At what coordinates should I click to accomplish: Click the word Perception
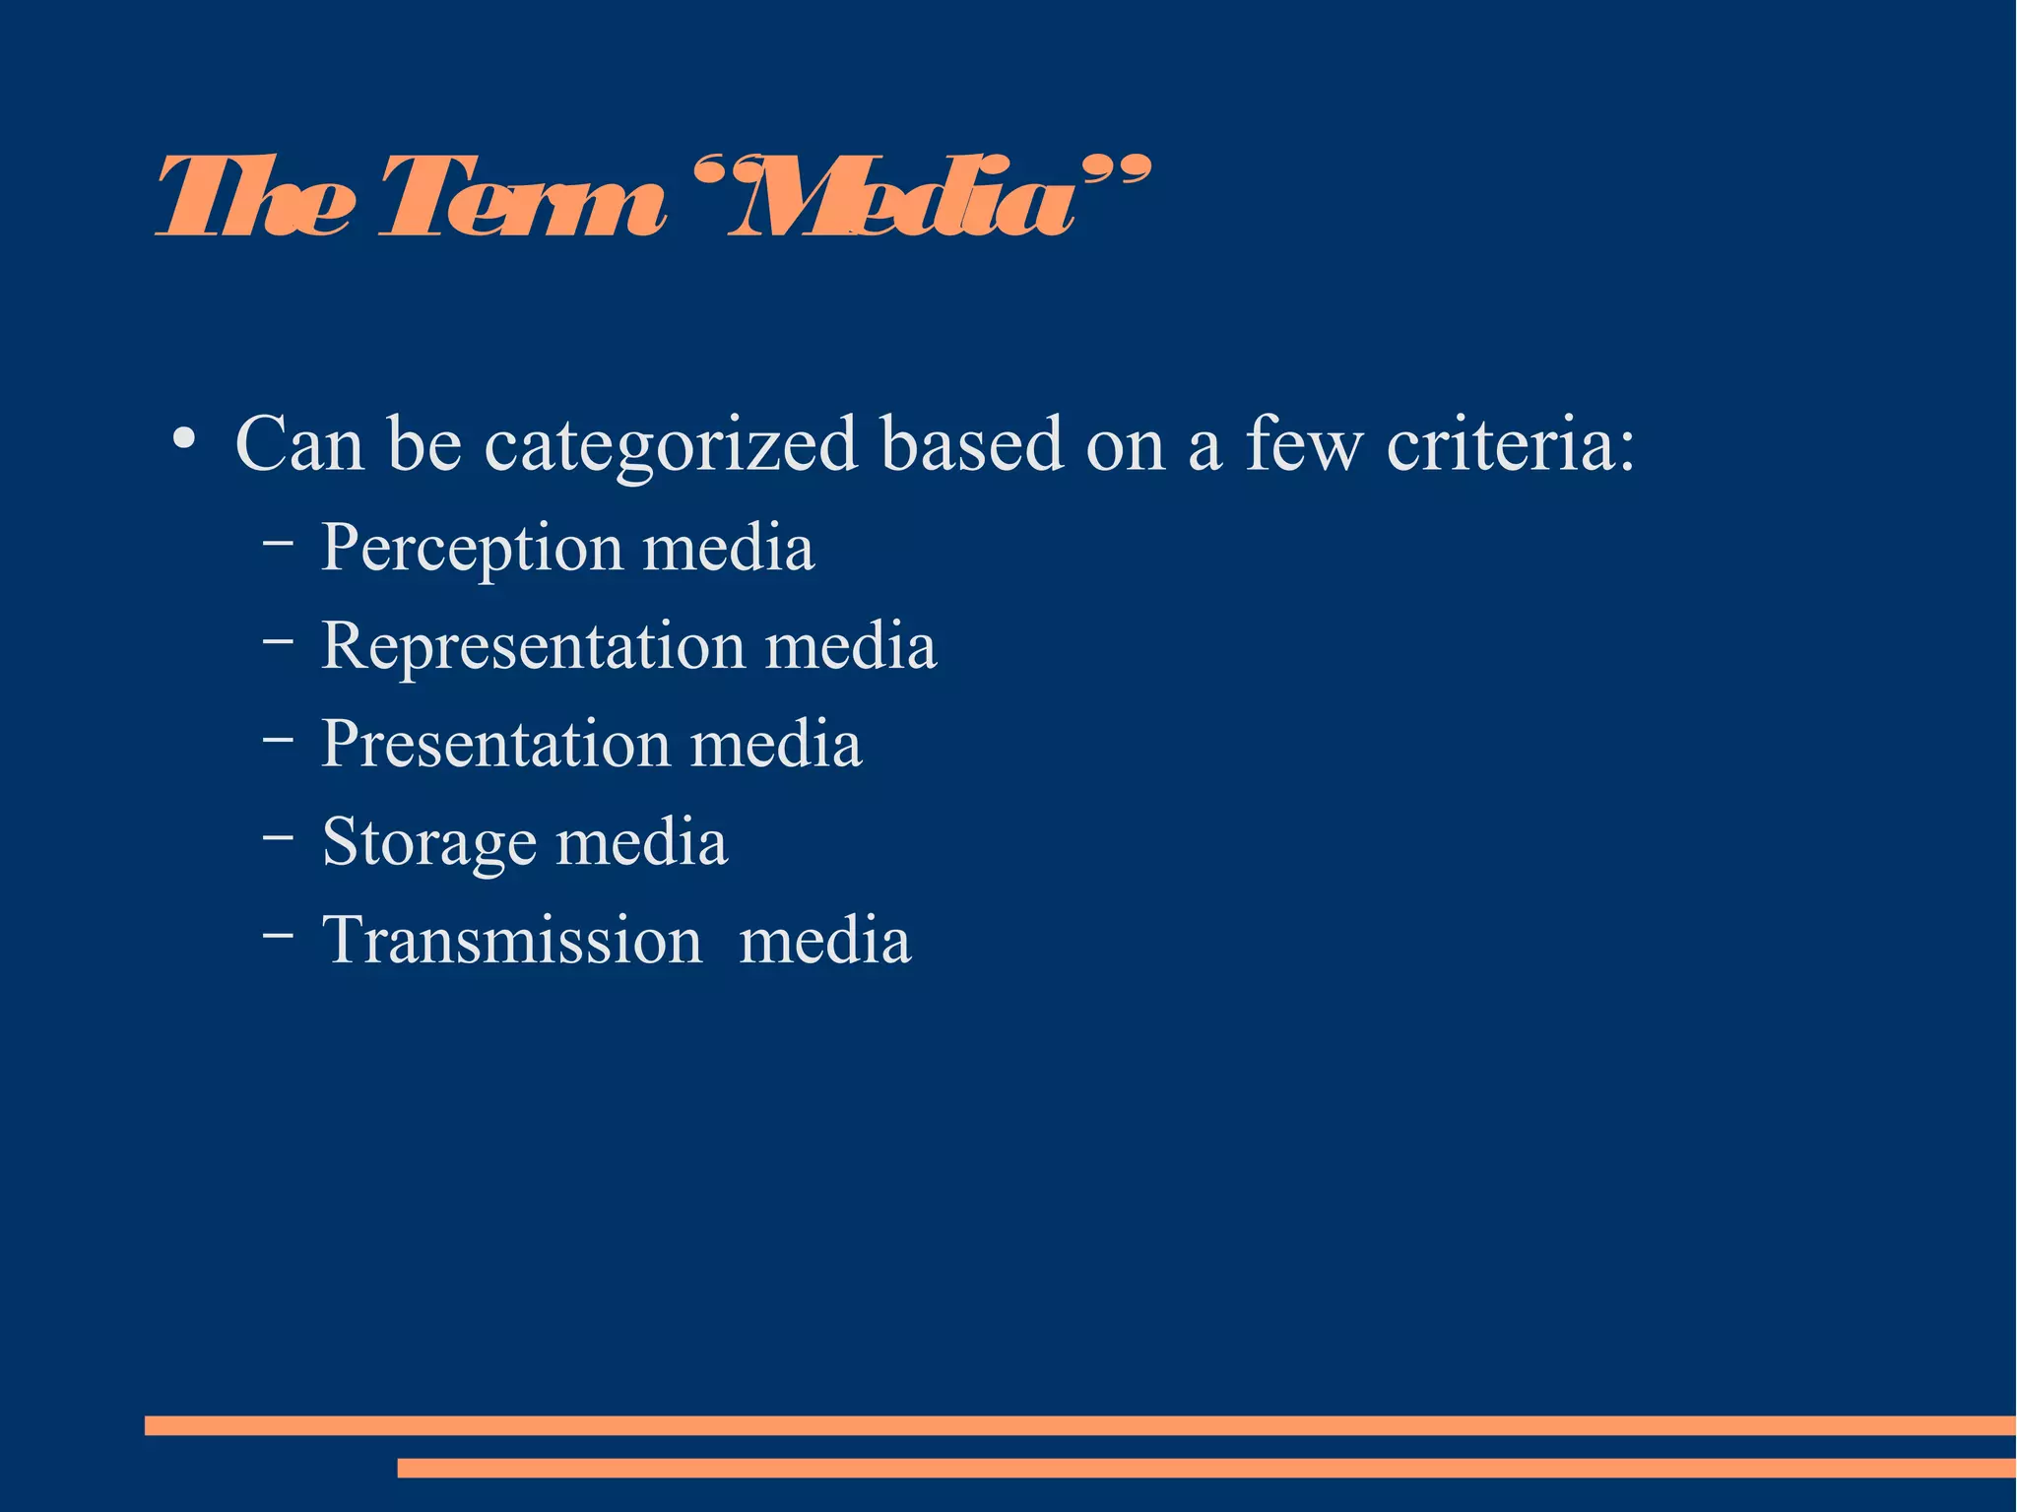coord(472,548)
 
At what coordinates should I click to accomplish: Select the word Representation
coord(533,646)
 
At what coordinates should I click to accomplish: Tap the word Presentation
coord(495,744)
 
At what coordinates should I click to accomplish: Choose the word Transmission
coord(512,940)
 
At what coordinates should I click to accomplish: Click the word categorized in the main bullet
coord(671,445)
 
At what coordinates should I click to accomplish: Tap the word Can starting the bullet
coord(299,443)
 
